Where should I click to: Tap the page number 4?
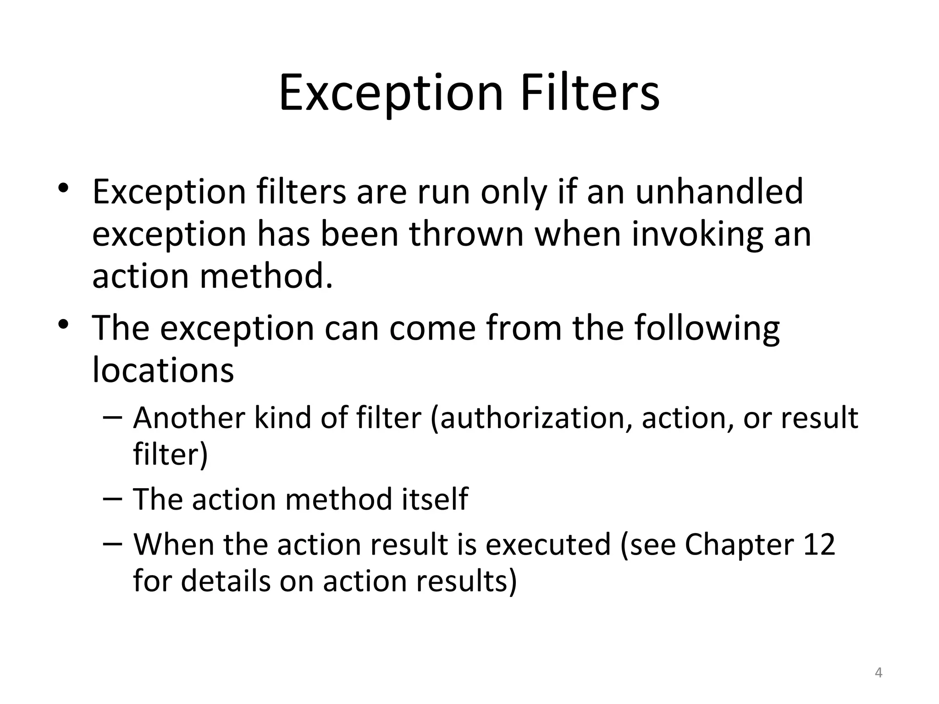878,673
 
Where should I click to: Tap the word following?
707,329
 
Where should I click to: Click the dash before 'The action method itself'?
113,499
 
